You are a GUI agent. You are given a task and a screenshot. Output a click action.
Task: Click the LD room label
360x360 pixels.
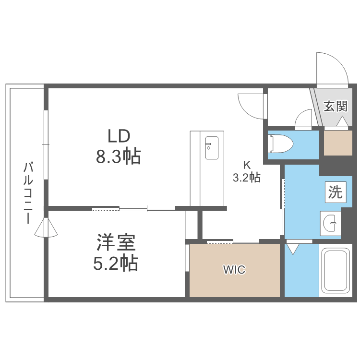pos(119,136)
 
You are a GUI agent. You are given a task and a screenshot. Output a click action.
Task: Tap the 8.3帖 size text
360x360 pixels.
pos(119,156)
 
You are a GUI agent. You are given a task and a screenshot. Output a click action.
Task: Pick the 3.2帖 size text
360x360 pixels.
pos(246,178)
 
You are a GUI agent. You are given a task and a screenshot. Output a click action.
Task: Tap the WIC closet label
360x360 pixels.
pos(234,270)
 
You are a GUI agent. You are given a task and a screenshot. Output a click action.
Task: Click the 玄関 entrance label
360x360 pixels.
pos(335,106)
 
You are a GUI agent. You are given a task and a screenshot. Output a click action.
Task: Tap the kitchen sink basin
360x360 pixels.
pos(211,148)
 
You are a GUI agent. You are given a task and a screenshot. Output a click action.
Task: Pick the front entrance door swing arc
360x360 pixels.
pos(331,67)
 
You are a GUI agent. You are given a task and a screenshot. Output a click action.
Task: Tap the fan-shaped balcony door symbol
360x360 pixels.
pos(47,228)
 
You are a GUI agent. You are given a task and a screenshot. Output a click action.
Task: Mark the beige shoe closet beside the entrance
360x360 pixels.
pos(337,143)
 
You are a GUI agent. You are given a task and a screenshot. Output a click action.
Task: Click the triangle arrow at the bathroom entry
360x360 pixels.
pos(292,249)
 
